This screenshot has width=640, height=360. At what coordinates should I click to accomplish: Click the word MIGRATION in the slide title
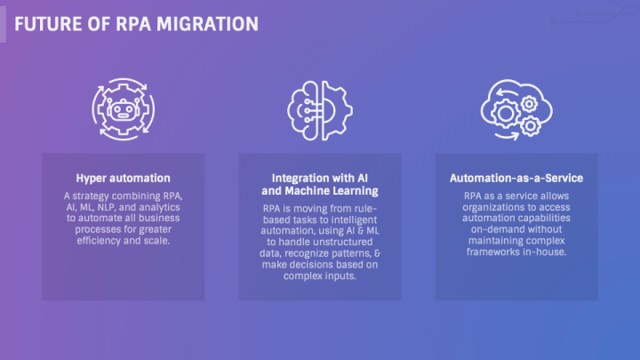point(207,24)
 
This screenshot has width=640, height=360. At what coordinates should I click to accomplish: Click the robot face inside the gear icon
point(123,110)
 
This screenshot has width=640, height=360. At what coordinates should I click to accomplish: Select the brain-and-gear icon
point(320,110)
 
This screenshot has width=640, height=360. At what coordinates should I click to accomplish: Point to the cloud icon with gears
point(516,109)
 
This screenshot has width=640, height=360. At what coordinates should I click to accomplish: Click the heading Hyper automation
point(123,179)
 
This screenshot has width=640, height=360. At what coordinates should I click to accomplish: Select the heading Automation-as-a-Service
point(516,179)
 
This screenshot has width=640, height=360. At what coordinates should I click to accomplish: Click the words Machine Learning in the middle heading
point(331,191)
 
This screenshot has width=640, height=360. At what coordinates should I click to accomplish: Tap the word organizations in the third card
point(492,207)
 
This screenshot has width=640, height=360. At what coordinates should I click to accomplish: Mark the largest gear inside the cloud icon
point(506,114)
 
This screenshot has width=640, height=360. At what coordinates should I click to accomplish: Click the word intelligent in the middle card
point(355,220)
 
